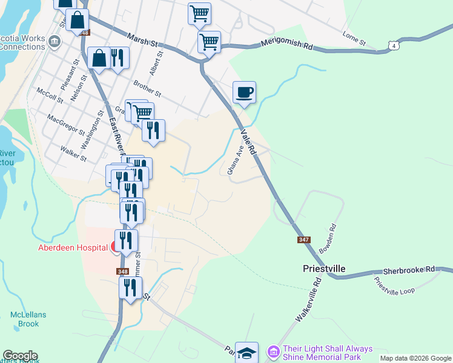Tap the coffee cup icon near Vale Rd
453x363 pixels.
pyautogui.click(x=244, y=93)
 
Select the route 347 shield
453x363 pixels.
pyautogui.click(x=304, y=240)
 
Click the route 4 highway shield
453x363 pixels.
pyautogui.click(x=394, y=45)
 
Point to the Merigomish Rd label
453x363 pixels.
pyautogui.click(x=286, y=44)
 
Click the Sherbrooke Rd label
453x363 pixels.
pyautogui.click(x=409, y=270)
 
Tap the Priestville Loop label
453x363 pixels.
pyautogui.click(x=394, y=286)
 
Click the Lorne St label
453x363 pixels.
pyautogui.click(x=354, y=38)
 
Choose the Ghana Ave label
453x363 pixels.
pyautogui.click(x=236, y=160)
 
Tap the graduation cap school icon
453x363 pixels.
pyautogui.click(x=246, y=352)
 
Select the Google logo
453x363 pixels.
pyautogui.click(x=19, y=356)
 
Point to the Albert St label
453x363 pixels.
pyautogui.click(x=158, y=62)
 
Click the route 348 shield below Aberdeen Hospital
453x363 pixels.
pyautogui.click(x=123, y=272)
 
